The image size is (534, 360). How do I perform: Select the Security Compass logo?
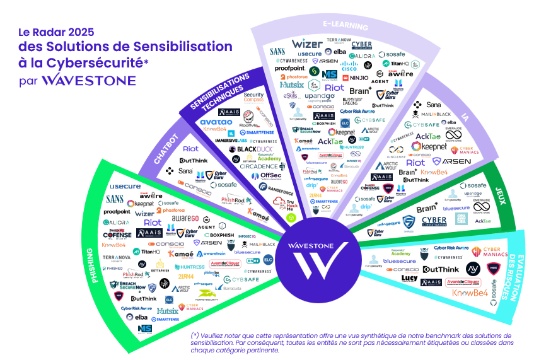(x=253, y=98)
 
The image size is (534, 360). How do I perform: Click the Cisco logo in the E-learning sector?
(x=349, y=66)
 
